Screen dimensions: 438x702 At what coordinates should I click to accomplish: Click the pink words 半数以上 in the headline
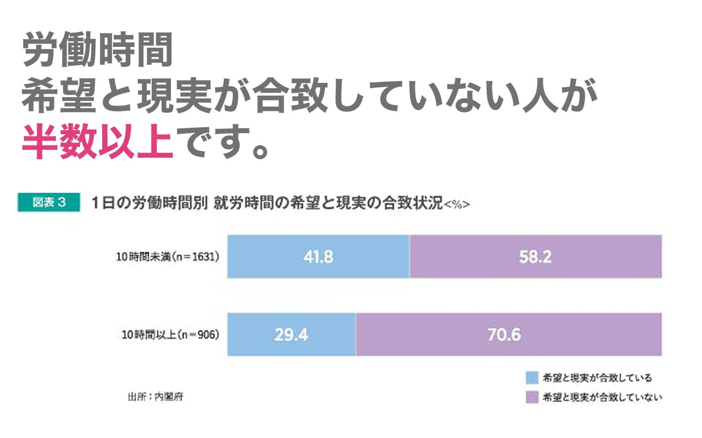97,142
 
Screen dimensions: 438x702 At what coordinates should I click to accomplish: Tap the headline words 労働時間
97,50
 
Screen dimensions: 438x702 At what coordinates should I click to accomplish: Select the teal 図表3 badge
49,202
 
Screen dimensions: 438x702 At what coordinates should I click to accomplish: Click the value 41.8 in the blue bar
318,256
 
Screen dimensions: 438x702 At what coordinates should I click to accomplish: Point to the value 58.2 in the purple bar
535,256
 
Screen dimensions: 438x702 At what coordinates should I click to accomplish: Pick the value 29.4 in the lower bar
291,334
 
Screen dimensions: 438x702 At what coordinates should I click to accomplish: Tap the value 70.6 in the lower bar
504,334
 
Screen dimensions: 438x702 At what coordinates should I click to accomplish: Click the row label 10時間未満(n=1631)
167,256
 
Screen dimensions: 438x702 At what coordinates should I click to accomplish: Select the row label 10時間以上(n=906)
170,334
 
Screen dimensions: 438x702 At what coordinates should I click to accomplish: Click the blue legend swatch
532,378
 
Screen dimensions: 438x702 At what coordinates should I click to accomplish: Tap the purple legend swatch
532,397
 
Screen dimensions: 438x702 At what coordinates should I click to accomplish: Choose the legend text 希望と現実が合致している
597,378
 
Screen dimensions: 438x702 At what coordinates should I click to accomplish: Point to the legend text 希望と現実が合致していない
602,397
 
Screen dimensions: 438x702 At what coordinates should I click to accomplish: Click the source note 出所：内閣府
156,397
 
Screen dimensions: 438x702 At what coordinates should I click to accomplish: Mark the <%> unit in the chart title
457,204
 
